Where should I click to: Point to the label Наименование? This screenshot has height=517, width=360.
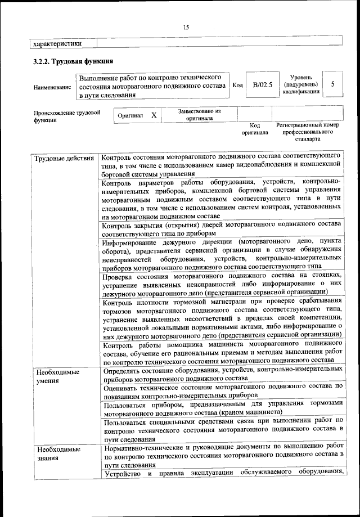[x=52, y=87]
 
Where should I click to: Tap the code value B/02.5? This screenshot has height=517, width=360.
[x=262, y=85]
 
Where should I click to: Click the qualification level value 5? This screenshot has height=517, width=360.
[x=334, y=84]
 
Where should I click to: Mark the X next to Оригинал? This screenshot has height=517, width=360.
[x=153, y=115]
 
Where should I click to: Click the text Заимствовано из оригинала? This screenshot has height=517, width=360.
[x=199, y=115]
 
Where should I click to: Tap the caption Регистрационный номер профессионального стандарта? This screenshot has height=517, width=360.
[x=307, y=131]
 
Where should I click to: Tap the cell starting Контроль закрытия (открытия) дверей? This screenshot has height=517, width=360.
[x=219, y=228]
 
